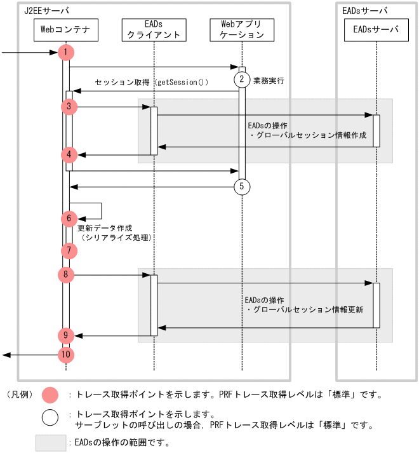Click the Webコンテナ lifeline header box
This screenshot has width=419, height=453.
click(x=66, y=29)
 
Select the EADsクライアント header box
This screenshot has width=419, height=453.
click(x=154, y=29)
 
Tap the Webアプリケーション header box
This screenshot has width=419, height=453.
click(x=242, y=29)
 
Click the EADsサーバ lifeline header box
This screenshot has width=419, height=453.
click(x=376, y=29)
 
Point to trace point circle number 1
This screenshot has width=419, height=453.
click(x=66, y=52)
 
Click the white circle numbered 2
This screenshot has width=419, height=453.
click(x=242, y=79)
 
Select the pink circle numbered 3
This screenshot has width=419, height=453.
click(x=69, y=107)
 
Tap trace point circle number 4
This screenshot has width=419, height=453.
click(x=69, y=154)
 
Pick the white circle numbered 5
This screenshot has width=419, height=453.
click(x=242, y=187)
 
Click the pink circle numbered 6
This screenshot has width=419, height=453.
click(x=69, y=219)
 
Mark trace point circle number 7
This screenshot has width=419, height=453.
click(x=69, y=250)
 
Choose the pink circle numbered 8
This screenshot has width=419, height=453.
click(x=66, y=275)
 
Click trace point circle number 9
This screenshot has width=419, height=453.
click(x=66, y=335)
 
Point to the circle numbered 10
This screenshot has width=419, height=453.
click(x=66, y=355)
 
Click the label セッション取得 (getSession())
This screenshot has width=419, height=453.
click(x=151, y=83)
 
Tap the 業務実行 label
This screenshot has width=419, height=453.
click(x=269, y=81)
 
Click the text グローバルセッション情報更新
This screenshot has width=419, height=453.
click(x=308, y=310)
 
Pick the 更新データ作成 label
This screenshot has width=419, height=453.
click(x=105, y=227)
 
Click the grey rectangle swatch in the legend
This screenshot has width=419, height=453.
click(x=51, y=442)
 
